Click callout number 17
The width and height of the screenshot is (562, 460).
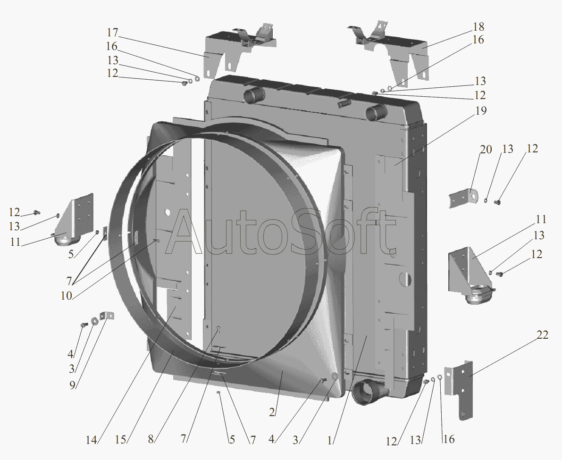(x=112, y=33)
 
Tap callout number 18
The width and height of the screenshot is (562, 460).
(x=478, y=27)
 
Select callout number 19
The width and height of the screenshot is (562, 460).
(x=481, y=111)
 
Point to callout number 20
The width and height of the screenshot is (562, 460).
(x=486, y=150)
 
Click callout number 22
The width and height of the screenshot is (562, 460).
(x=543, y=335)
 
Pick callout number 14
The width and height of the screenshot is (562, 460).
(x=91, y=440)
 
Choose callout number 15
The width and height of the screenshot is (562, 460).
(x=121, y=440)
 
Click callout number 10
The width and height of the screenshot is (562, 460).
(x=67, y=296)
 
